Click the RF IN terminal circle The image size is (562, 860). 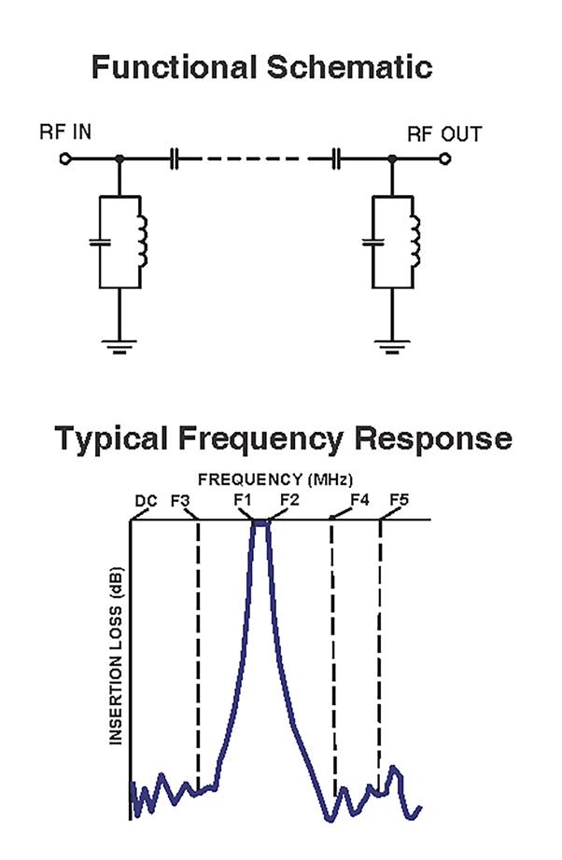point(64,160)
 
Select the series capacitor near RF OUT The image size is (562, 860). point(339,160)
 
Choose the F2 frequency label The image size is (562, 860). point(288,500)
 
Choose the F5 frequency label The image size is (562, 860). point(399,500)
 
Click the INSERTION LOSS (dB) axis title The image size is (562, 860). point(118,657)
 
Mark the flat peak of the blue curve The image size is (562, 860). point(260,523)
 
